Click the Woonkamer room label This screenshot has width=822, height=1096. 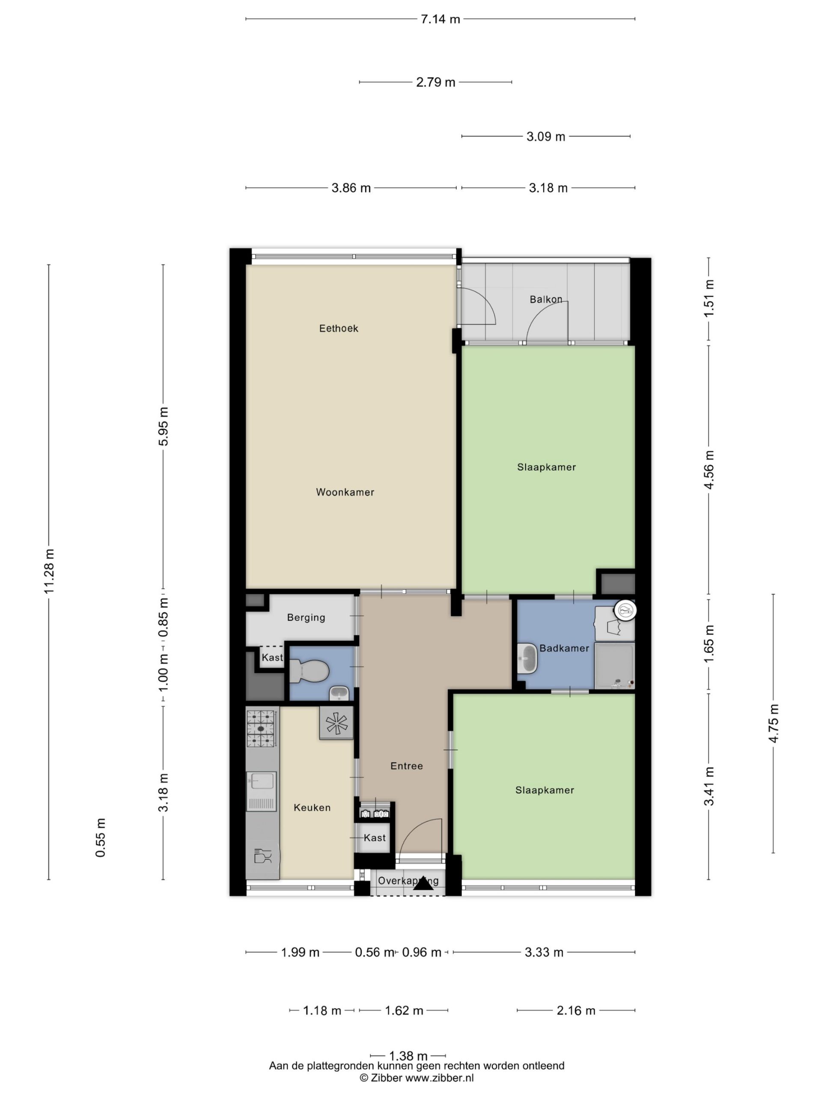345,492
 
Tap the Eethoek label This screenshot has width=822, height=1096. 338,328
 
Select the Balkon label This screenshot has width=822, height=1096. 545,299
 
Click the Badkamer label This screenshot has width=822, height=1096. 564,648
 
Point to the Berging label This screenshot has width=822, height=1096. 306,617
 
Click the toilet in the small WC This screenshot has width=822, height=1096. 309,671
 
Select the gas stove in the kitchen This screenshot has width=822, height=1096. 261,728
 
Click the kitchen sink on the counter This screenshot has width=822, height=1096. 261,791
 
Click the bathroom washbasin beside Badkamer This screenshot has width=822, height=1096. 527,658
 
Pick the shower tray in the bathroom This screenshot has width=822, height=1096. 614,666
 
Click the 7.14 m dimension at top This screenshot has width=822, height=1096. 440,19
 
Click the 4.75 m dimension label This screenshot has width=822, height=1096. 774,723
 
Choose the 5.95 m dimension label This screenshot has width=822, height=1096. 163,426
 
